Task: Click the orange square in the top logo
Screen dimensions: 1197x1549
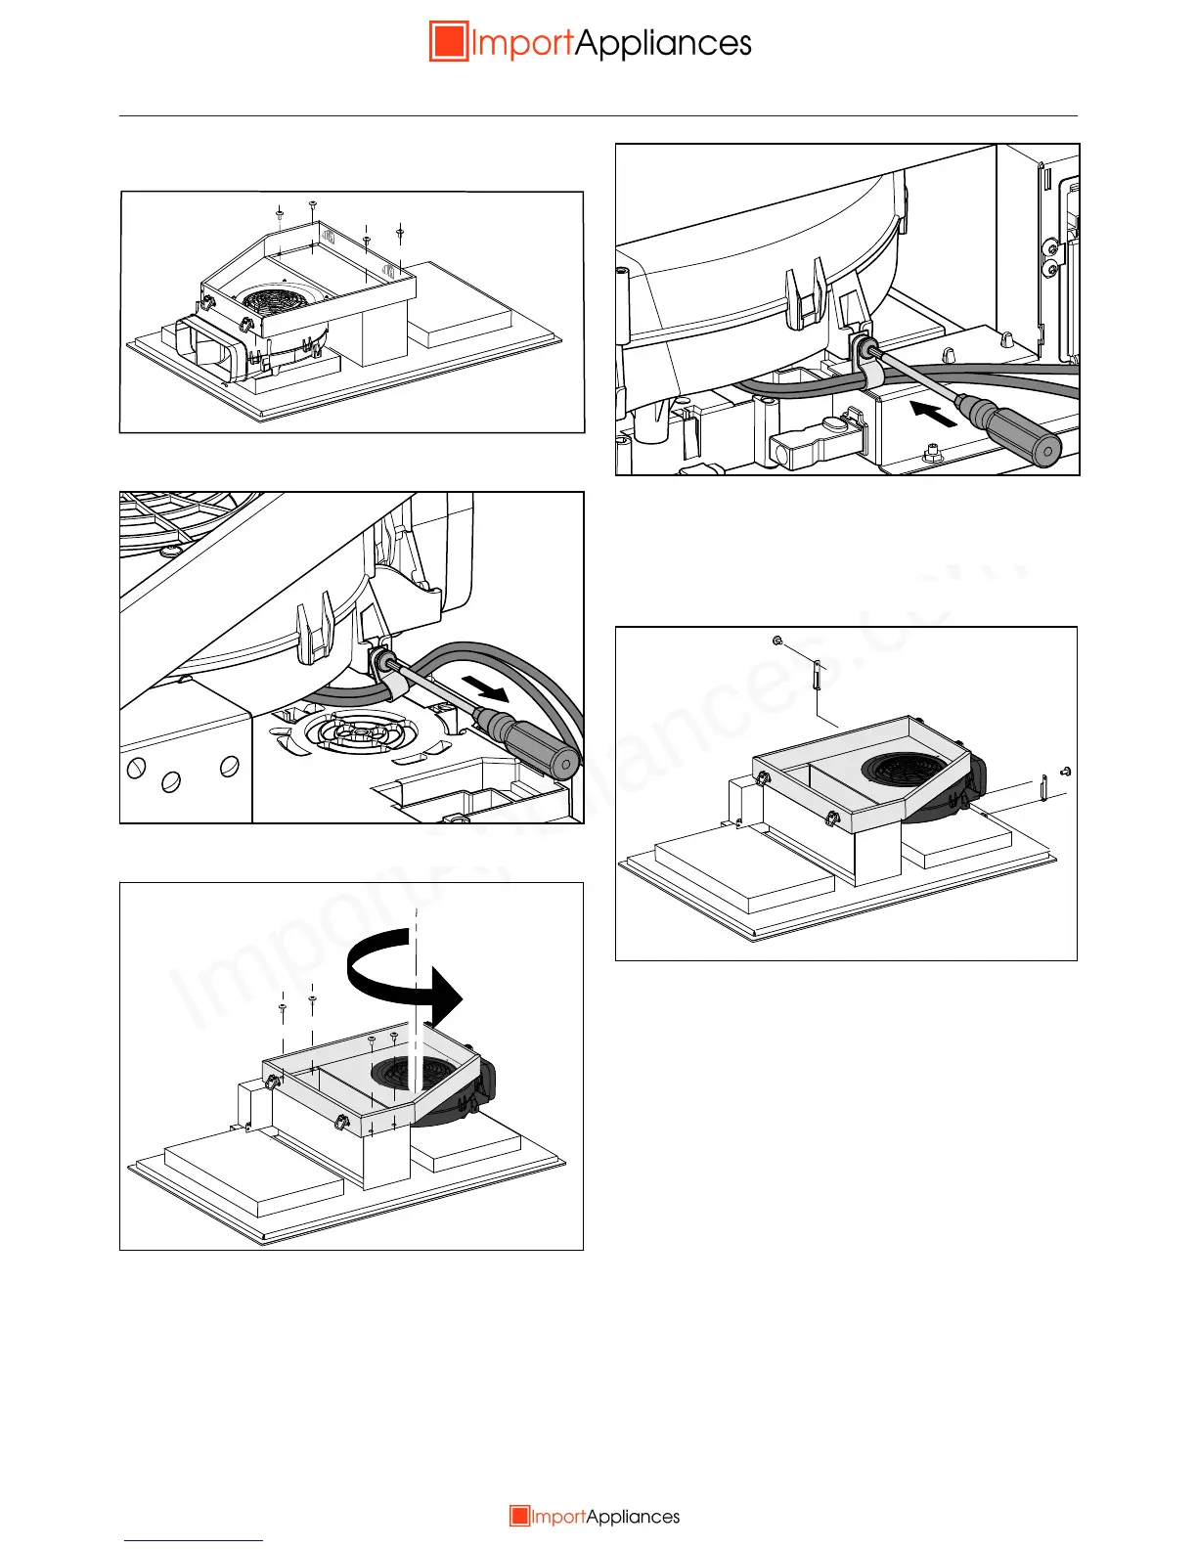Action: pyautogui.click(x=449, y=42)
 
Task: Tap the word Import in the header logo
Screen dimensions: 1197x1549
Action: pyautogui.click(x=521, y=44)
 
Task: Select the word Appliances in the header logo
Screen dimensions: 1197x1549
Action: pyautogui.click(x=663, y=44)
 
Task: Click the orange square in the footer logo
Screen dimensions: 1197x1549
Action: pyautogui.click(x=519, y=1517)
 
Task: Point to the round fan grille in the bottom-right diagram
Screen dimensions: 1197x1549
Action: pyautogui.click(x=906, y=767)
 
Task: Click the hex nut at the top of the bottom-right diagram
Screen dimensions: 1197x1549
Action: pyautogui.click(x=776, y=641)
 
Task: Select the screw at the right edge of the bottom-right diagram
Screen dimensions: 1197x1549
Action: pyautogui.click(x=1066, y=772)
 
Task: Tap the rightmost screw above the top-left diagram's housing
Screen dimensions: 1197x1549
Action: pyautogui.click(x=400, y=232)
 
